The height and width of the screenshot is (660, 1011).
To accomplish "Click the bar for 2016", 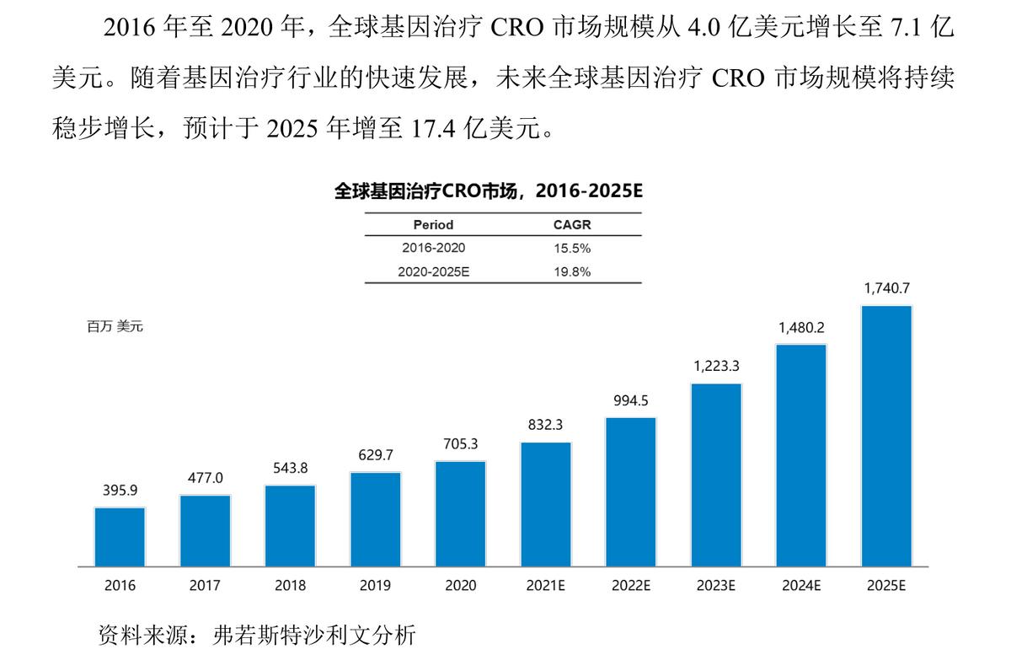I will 120,536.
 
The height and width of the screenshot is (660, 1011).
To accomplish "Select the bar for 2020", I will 460,513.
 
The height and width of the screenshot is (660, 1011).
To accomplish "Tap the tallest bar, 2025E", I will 885,435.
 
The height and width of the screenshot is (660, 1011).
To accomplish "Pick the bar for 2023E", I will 716,475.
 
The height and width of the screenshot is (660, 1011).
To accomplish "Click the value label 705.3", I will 460,444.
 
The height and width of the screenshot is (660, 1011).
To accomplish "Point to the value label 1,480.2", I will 801,327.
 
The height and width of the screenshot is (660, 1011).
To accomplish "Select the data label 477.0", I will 205,478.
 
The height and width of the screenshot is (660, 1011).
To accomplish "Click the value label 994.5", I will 630,400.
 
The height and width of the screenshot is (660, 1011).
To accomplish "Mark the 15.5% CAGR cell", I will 572,249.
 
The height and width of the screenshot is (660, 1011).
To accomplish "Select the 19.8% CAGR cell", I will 572,271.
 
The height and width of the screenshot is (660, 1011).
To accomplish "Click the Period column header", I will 433,225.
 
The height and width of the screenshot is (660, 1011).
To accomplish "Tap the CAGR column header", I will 572,225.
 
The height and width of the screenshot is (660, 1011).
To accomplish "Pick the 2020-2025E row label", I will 433,271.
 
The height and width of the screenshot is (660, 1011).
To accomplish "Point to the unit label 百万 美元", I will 115,326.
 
